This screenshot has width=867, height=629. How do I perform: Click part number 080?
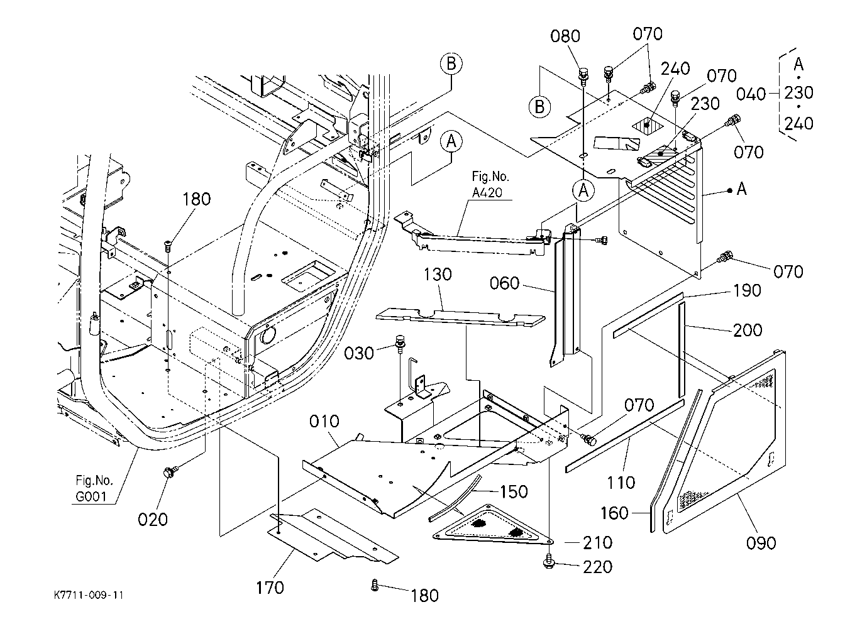click(565, 36)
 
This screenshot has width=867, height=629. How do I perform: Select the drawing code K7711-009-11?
click(89, 595)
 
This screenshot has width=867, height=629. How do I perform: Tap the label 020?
click(153, 519)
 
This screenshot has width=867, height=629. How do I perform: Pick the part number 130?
click(438, 274)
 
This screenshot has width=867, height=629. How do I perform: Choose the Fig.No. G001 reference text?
click(94, 488)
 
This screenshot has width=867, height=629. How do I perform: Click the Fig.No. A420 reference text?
click(490, 184)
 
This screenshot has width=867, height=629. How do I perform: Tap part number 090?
click(761, 543)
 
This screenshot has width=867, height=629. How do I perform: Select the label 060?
click(504, 283)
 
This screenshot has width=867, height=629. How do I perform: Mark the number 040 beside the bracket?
click(751, 94)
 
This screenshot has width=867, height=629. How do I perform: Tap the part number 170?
click(270, 588)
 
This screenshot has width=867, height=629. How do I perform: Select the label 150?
click(514, 491)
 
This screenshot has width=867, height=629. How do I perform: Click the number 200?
click(748, 330)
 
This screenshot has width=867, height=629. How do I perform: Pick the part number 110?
click(621, 483)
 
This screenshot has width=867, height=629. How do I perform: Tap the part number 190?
click(747, 290)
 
